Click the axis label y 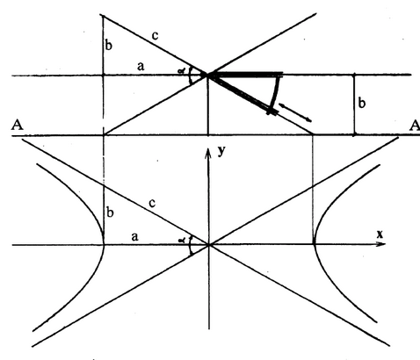point(222,151)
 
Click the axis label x point(380,234)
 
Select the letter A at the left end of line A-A point(17,126)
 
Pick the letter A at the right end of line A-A point(415,126)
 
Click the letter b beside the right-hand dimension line point(362,104)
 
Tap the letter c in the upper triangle point(155,36)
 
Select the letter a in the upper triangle point(141,67)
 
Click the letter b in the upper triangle point(109,46)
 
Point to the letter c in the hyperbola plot point(152,203)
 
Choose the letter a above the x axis point(134,236)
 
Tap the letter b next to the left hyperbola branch point(110,212)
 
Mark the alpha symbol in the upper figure point(182,70)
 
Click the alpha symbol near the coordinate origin point(183,240)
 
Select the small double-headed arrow point(294,112)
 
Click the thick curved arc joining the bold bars point(275,92)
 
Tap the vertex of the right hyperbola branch point(314,243)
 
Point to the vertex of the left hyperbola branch point(104,243)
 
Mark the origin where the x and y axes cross point(208,244)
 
